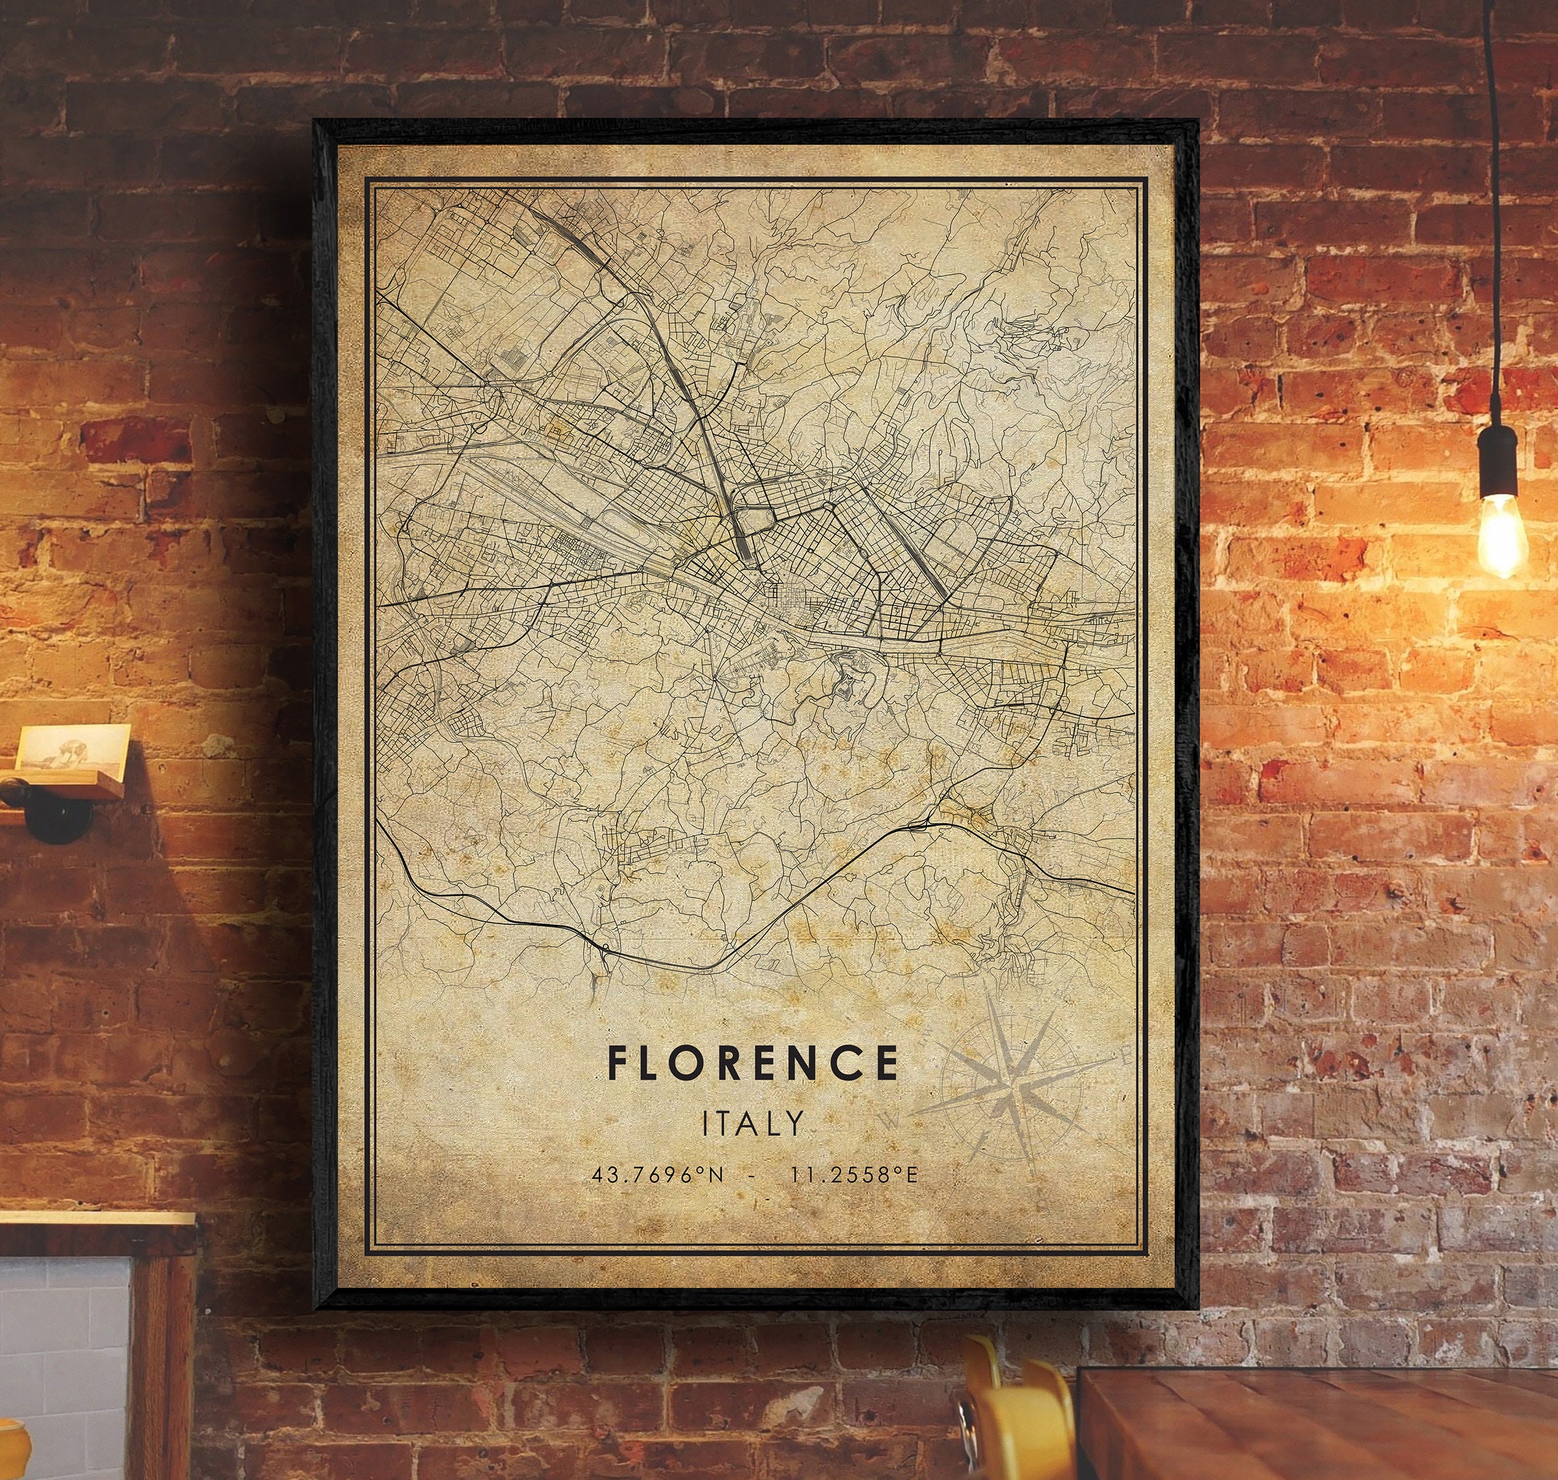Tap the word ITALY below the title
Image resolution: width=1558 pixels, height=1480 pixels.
753,1123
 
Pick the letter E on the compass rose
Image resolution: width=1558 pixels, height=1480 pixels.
1123,1054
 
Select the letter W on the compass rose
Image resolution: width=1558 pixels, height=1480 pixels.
892,1120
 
